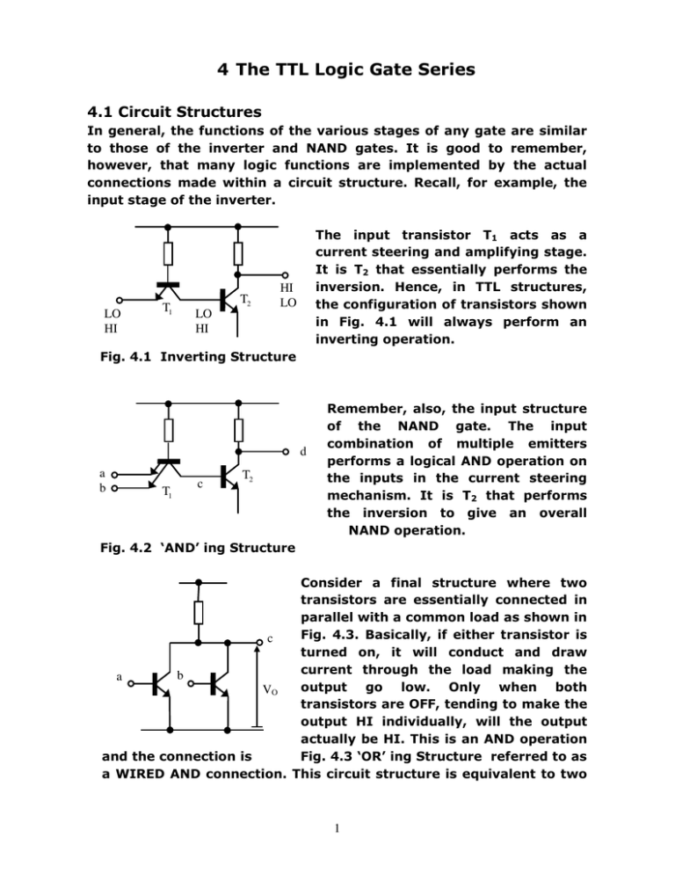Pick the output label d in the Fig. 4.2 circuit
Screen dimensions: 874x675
coord(301,453)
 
